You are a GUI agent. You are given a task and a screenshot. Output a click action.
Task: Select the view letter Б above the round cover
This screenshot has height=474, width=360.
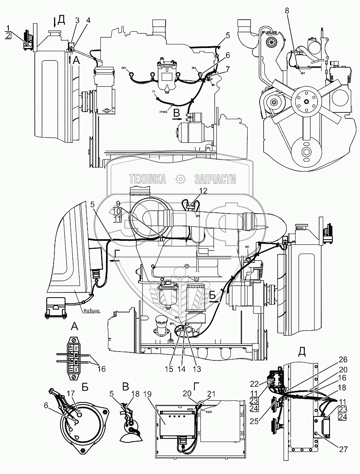(84, 387)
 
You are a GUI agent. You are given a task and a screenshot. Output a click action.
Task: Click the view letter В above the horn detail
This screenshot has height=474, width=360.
(125, 387)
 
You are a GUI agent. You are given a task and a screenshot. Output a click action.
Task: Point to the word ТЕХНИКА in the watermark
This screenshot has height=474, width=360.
(148, 180)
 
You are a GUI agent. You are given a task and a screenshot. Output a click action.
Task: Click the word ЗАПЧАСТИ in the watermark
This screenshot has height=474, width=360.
(215, 180)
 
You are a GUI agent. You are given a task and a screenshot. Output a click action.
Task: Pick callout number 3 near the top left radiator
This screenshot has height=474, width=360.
(77, 21)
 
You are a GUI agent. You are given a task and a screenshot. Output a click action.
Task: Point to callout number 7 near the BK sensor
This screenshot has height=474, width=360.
(227, 69)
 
